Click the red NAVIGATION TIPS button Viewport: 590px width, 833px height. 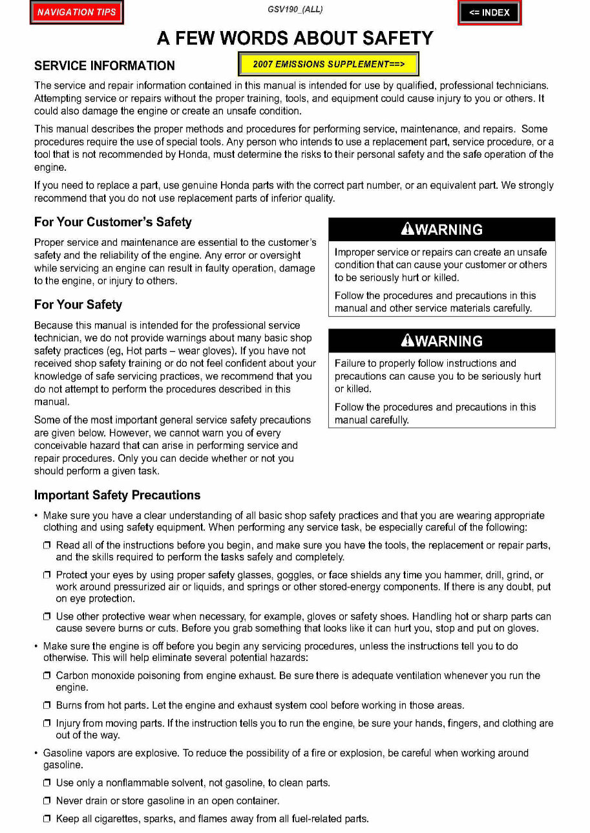pyautogui.click(x=76, y=12)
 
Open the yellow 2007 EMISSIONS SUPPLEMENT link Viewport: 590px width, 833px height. pyautogui.click(x=328, y=64)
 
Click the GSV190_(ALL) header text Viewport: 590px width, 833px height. pyautogui.click(x=295, y=10)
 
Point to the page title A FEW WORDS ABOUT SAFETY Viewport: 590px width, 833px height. pyautogui.click(x=295, y=38)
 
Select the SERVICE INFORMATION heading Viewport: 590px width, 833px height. pyautogui.click(x=104, y=66)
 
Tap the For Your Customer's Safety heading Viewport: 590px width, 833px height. pyautogui.click(x=112, y=222)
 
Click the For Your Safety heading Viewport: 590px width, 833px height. pyautogui.click(x=78, y=305)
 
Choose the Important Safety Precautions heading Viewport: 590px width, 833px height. pyautogui.click(x=117, y=495)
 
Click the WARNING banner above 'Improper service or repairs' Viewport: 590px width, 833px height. pyautogui.click(x=442, y=230)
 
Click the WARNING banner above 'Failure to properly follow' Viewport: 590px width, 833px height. pyautogui.click(x=442, y=341)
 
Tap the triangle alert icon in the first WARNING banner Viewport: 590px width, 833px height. pyautogui.click(x=407, y=229)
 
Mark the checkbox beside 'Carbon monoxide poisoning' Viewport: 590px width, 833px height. pyautogui.click(x=47, y=676)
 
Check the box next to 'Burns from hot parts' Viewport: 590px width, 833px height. pyautogui.click(x=47, y=706)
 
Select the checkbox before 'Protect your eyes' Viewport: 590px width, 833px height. pyautogui.click(x=47, y=575)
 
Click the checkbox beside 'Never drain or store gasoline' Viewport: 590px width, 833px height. pyautogui.click(x=47, y=801)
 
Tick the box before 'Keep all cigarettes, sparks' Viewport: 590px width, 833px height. pyautogui.click(x=47, y=819)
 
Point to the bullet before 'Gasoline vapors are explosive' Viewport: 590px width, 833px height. pyautogui.click(x=36, y=753)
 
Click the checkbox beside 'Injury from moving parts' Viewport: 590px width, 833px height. pyautogui.click(x=47, y=724)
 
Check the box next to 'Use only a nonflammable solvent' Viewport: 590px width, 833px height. pyautogui.click(x=47, y=783)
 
